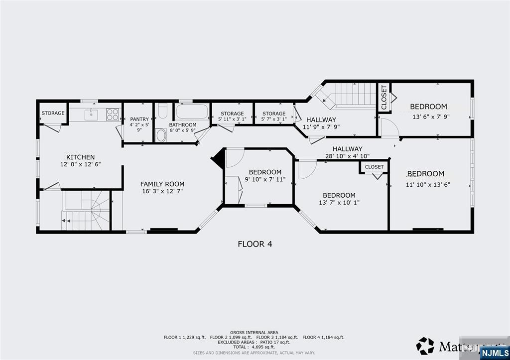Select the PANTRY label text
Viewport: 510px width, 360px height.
point(139,119)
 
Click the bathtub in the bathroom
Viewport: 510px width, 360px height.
point(192,112)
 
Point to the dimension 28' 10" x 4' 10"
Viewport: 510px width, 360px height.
point(347,156)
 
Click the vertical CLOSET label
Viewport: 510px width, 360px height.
point(384,98)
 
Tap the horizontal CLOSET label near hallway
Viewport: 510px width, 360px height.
point(374,167)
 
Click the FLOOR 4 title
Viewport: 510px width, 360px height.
point(255,244)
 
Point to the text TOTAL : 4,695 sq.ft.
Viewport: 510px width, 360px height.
point(254,347)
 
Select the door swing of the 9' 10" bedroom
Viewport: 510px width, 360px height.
point(234,158)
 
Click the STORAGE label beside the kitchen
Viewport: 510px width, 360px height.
point(53,113)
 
